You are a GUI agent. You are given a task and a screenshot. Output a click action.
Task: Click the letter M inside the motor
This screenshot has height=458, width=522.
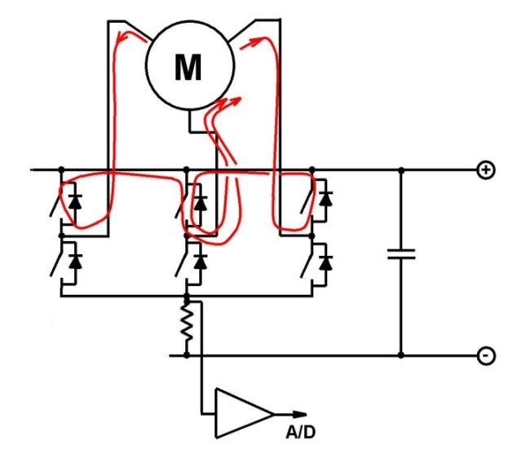(x=188, y=67)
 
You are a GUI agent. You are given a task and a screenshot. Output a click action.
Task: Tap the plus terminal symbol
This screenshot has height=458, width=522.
(x=486, y=170)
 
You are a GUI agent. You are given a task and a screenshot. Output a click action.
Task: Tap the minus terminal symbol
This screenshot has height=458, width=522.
(x=486, y=356)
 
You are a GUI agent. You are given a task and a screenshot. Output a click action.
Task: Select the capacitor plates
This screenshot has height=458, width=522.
(x=401, y=253)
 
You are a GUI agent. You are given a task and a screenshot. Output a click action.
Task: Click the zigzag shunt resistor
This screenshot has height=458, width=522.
(x=187, y=322)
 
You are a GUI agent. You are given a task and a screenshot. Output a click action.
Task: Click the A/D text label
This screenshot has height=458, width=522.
(x=300, y=433)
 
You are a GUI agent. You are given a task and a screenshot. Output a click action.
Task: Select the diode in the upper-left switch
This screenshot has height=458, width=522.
(x=75, y=201)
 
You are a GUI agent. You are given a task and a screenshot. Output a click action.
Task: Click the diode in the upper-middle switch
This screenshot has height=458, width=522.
(x=201, y=203)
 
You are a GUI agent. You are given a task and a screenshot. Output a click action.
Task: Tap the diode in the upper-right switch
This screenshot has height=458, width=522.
(x=325, y=199)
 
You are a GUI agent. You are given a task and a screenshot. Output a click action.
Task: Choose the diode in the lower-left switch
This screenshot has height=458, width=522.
(x=76, y=261)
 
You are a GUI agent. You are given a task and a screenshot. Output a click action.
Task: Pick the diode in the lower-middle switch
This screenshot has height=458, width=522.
(x=201, y=262)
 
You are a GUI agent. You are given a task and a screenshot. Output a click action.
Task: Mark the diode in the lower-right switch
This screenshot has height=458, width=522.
(x=325, y=262)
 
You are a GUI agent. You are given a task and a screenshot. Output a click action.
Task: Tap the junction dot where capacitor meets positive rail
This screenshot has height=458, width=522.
(x=401, y=170)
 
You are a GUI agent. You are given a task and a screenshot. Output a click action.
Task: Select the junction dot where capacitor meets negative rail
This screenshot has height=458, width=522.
(x=401, y=355)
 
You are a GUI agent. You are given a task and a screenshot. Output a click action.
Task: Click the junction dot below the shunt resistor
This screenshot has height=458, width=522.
(x=187, y=355)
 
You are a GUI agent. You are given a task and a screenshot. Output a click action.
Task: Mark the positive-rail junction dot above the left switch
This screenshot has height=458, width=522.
(x=61, y=170)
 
